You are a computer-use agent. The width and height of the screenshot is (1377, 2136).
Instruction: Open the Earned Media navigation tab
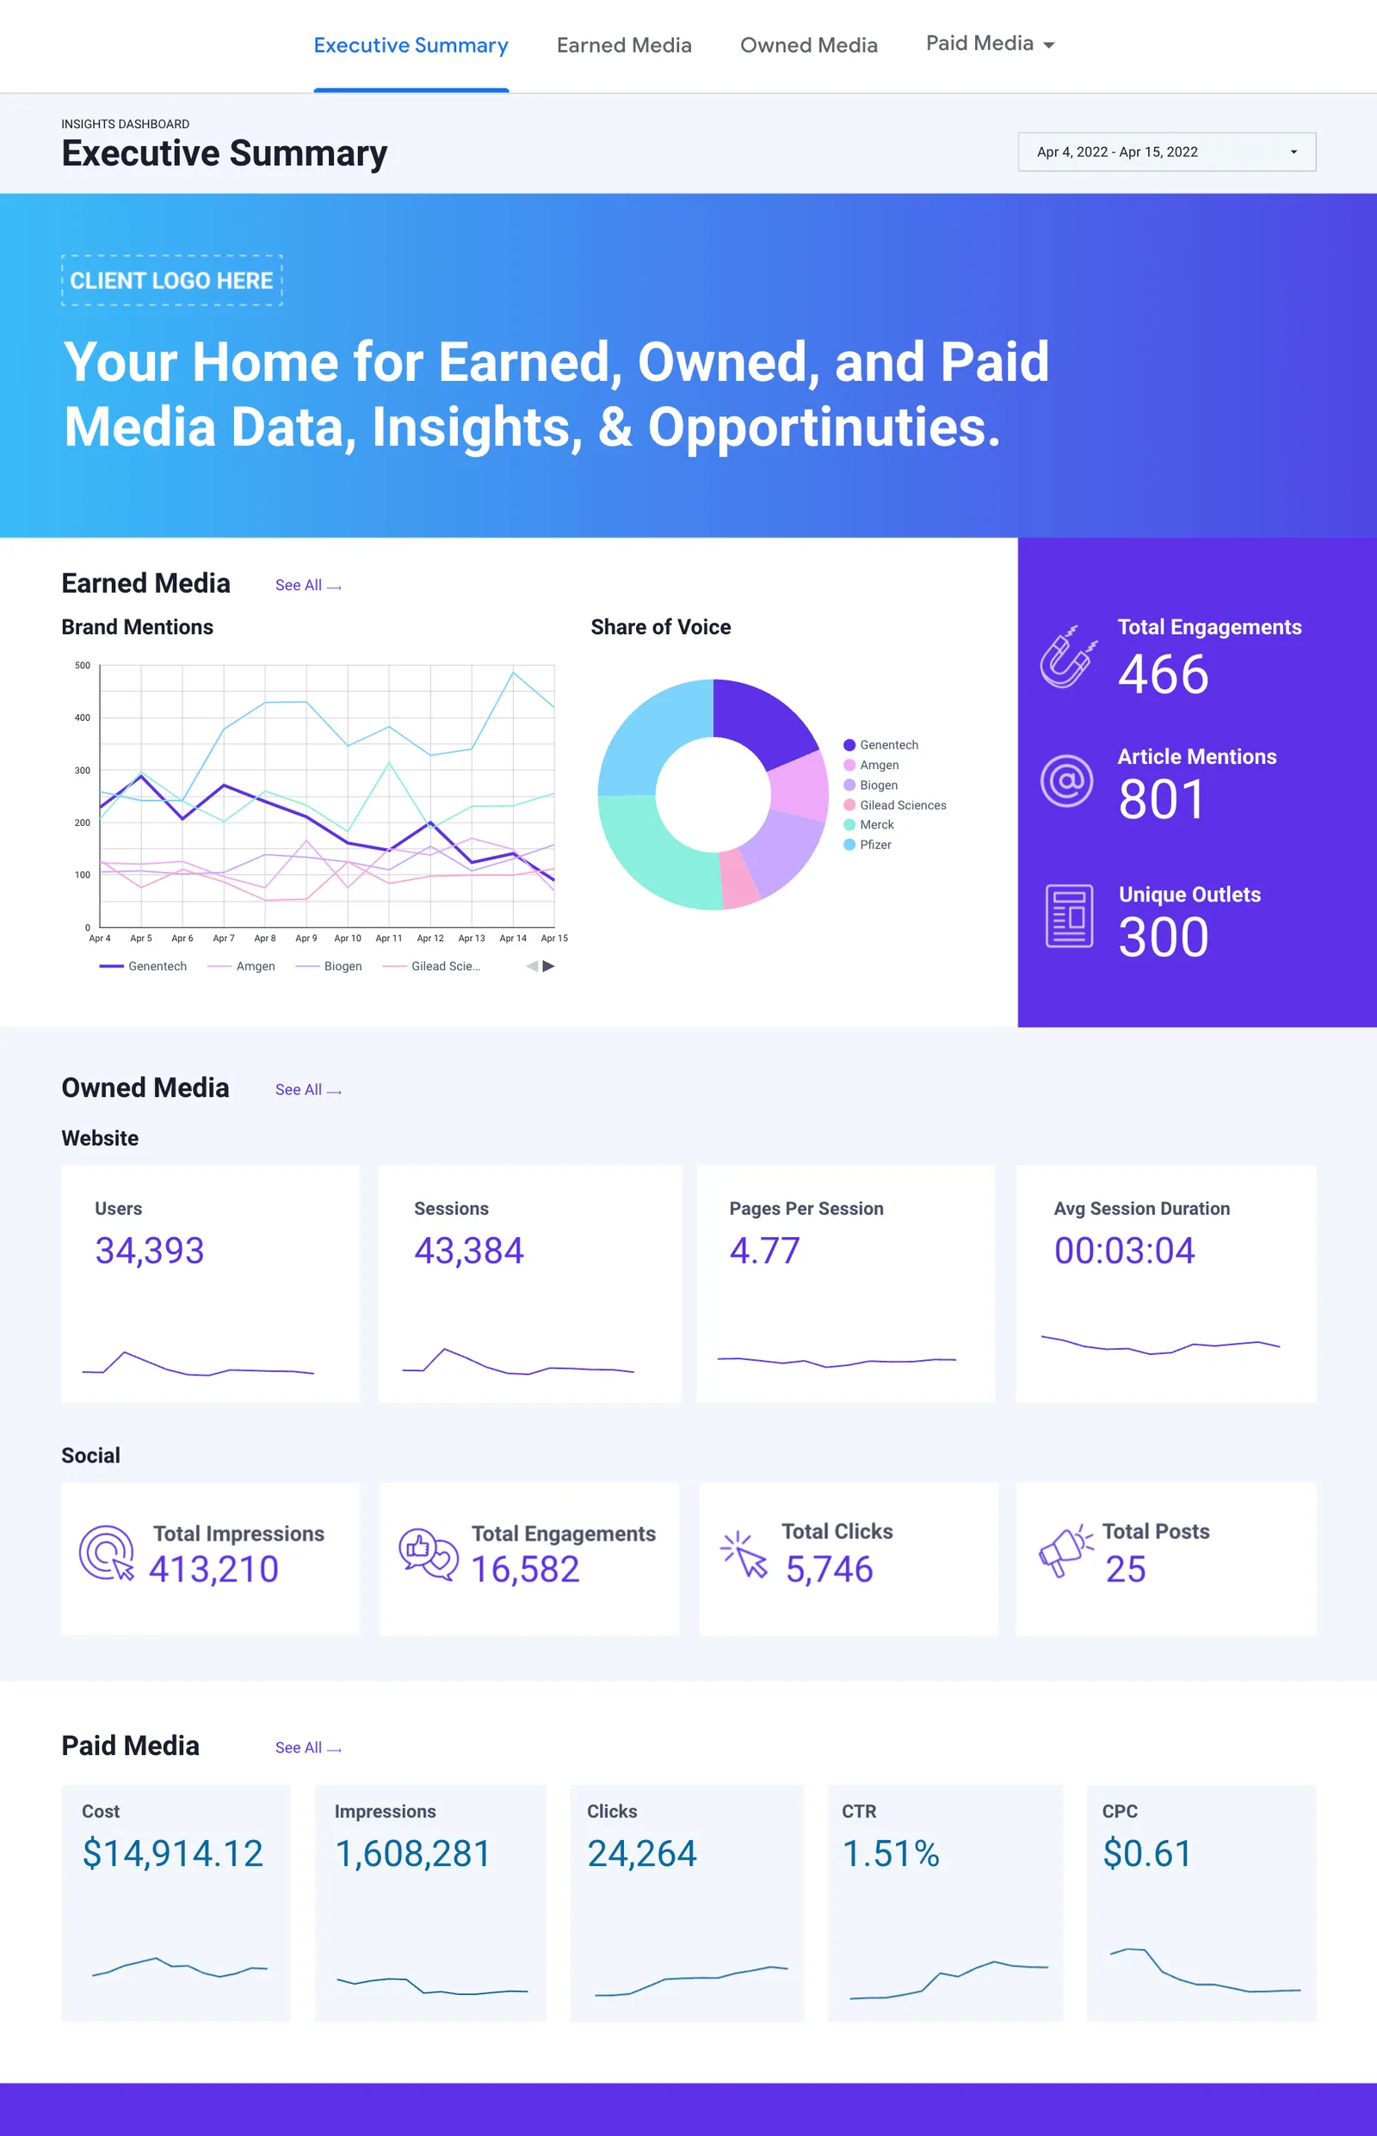tap(623, 46)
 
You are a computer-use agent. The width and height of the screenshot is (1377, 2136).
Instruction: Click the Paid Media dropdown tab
tap(989, 44)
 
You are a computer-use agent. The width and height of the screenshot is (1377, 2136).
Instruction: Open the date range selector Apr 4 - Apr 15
tap(1166, 152)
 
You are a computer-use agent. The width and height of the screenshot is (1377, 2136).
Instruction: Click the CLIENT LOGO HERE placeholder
tap(171, 280)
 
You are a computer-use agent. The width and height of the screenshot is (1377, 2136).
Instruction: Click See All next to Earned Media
tap(307, 585)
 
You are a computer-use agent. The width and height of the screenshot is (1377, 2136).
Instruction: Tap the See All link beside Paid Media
tap(307, 1747)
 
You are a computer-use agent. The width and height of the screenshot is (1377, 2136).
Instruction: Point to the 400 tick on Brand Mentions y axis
tap(83, 717)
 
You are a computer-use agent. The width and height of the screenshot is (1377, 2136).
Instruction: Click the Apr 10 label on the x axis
tap(347, 939)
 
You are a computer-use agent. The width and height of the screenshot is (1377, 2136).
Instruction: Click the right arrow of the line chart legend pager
tap(549, 966)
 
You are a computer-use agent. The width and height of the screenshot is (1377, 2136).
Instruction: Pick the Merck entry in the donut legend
tap(875, 825)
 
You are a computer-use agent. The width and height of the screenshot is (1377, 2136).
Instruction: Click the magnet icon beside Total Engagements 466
tap(1068, 657)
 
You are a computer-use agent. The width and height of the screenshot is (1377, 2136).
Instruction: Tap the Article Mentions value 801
tap(1162, 799)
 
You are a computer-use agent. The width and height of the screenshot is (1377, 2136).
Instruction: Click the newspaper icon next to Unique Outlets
tap(1069, 916)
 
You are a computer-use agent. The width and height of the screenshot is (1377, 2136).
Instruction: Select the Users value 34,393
tap(150, 1250)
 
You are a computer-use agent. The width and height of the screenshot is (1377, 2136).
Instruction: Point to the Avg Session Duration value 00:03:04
tap(1124, 1250)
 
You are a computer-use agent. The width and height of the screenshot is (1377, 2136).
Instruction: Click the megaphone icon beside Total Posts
tap(1064, 1552)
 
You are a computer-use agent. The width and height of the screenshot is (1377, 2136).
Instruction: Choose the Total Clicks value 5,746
tap(829, 1569)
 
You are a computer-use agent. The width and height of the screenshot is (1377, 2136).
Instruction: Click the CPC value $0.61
tap(1146, 1854)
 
